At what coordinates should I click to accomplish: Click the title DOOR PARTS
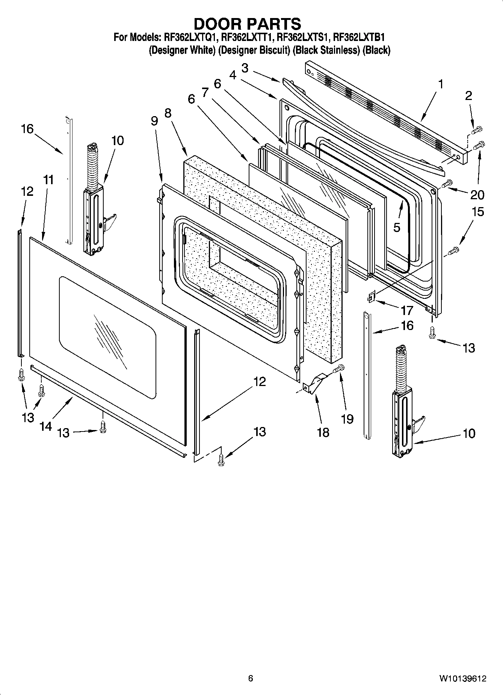[247, 24]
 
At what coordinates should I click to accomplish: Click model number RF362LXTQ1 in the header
[190, 38]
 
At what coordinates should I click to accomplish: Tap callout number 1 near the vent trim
[441, 84]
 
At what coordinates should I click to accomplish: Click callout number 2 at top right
[468, 96]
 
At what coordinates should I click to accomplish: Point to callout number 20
[477, 195]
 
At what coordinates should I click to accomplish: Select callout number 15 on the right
[477, 212]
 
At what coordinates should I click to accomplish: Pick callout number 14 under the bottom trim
[46, 426]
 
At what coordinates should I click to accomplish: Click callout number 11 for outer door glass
[48, 180]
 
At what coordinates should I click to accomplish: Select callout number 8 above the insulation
[168, 113]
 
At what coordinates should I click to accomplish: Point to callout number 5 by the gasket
[397, 227]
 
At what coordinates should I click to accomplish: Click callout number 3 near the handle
[245, 68]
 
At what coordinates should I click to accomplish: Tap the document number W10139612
[462, 678]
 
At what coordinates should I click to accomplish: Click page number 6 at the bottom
[251, 678]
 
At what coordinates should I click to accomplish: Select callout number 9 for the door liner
[154, 121]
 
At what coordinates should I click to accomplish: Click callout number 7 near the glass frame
[205, 92]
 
